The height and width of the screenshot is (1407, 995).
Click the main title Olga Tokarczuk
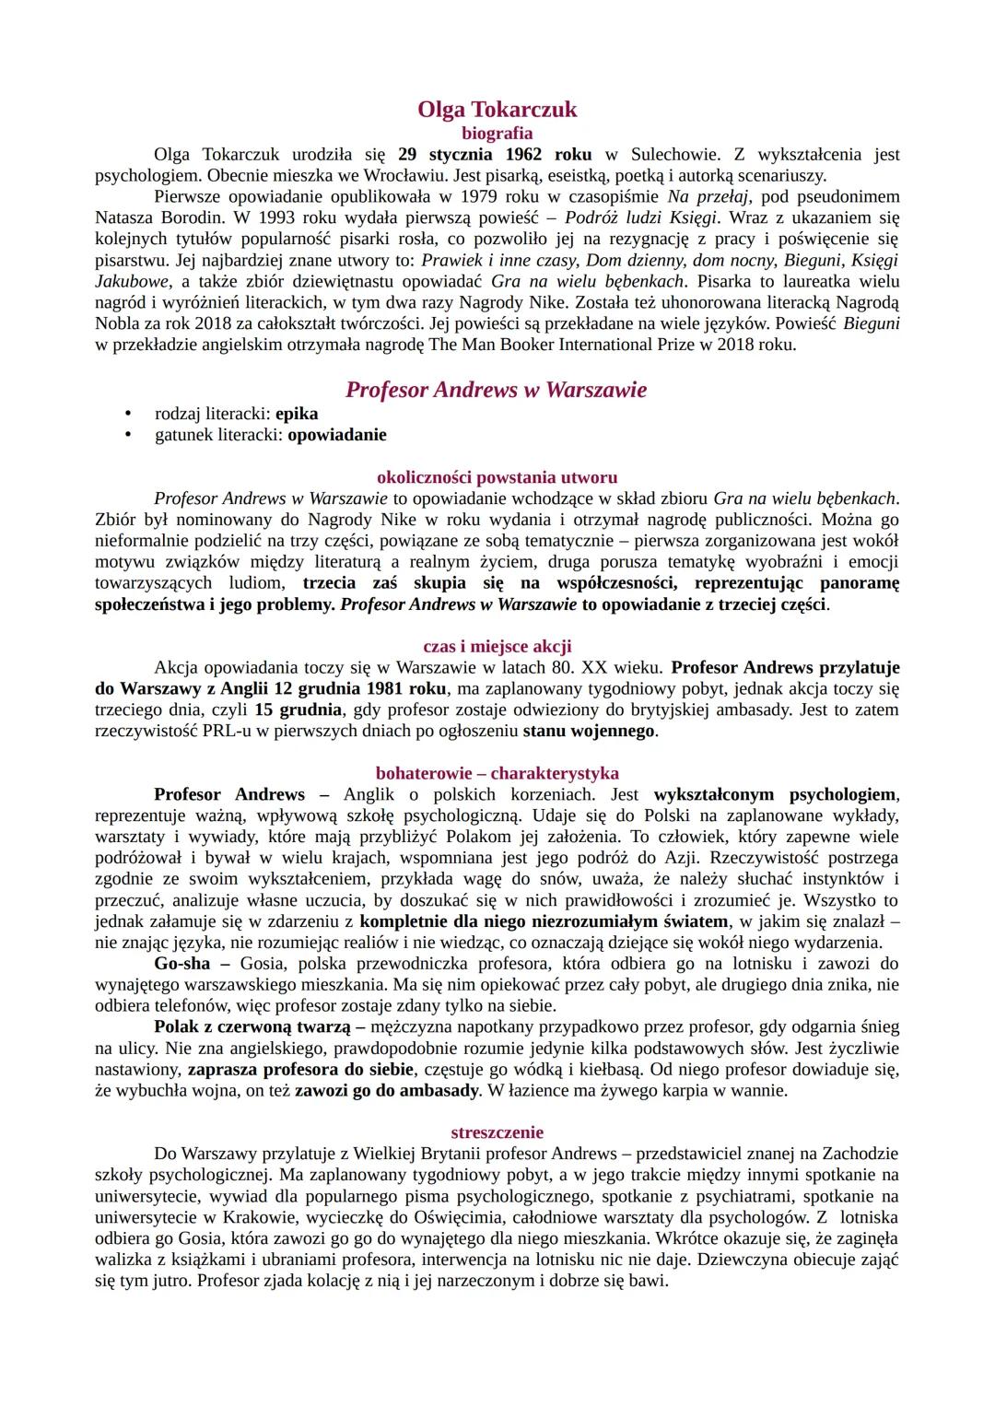pos(497,109)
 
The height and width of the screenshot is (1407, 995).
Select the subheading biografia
pos(497,133)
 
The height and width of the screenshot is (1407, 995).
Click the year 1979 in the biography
pos(457,196)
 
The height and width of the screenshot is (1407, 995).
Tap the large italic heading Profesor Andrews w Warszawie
pos(497,390)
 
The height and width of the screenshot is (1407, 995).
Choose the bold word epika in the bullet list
pos(297,414)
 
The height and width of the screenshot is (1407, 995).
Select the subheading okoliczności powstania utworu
pos(497,477)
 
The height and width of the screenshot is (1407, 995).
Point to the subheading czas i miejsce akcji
pos(497,646)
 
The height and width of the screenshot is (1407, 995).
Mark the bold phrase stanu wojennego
pos(589,731)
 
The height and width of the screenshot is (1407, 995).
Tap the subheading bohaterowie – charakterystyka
pos(497,773)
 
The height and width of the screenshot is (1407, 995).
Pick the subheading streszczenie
pos(497,1132)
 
